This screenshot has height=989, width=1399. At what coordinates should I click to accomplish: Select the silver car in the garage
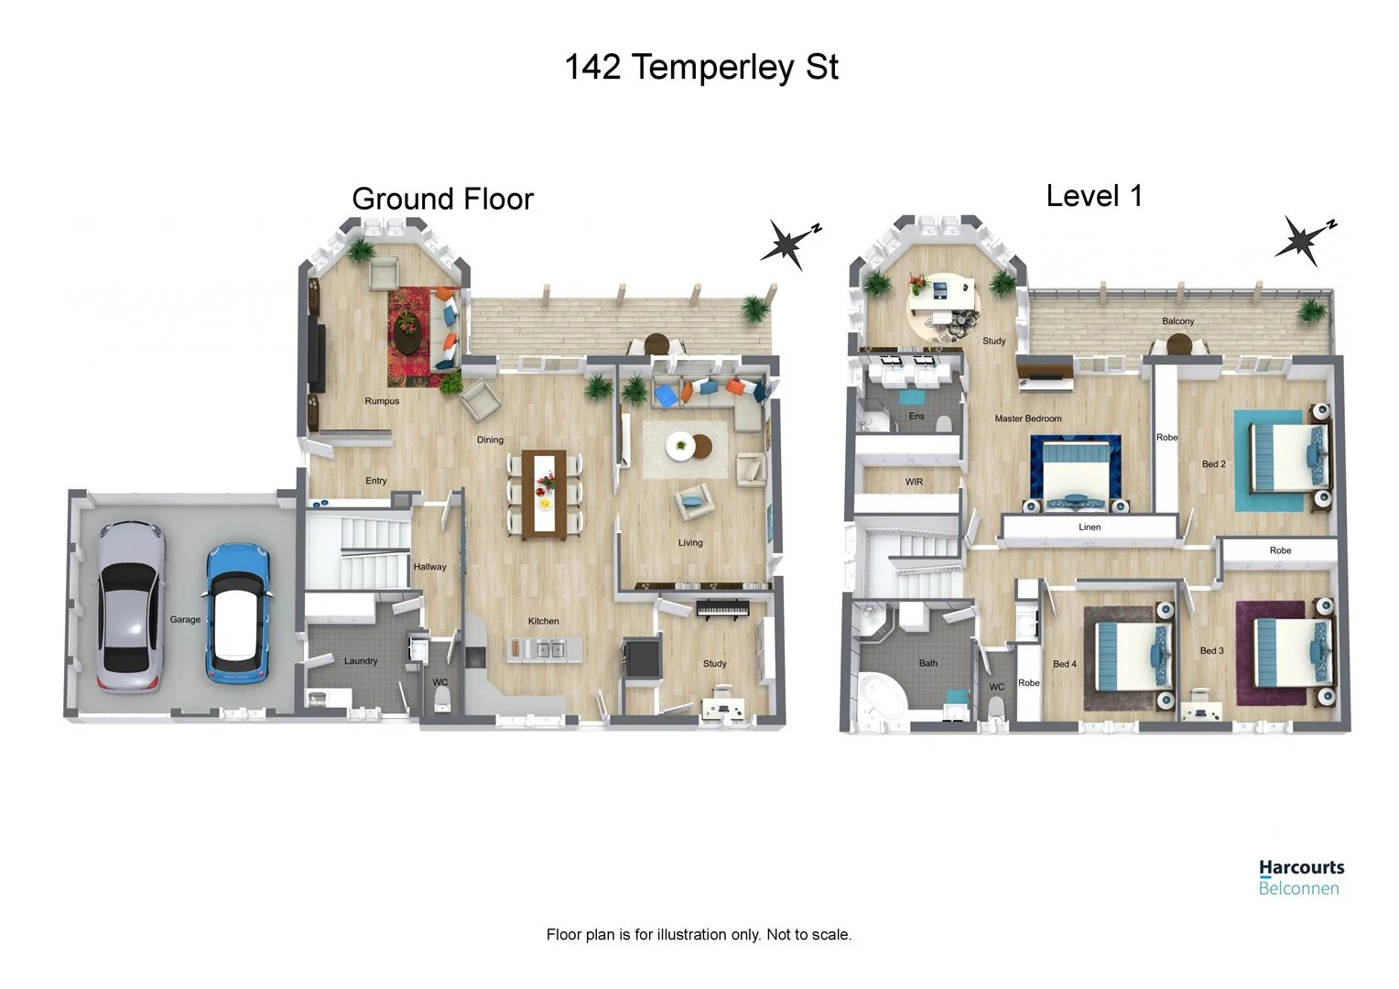pos(131,605)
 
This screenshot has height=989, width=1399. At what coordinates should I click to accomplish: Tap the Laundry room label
pos(361,660)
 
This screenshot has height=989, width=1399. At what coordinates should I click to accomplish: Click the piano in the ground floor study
pos(722,609)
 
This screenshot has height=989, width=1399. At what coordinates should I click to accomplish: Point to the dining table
pos(545,494)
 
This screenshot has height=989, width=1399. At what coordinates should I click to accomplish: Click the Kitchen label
pos(543,621)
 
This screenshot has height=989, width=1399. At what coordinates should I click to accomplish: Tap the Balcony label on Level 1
pos(1178,321)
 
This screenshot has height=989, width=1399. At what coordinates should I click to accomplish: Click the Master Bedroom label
pos(1028,418)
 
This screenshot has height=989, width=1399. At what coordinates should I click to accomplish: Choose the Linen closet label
pos(1090,527)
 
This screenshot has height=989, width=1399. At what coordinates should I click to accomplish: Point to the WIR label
pos(914,482)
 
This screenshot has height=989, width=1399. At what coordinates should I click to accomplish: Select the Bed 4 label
pos(1064,664)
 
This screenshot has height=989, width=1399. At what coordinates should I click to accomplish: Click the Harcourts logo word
pos(1302,868)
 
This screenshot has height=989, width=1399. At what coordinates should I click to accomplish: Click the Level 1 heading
pos(1094,196)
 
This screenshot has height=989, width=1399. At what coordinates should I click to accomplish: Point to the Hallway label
pos(429,567)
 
